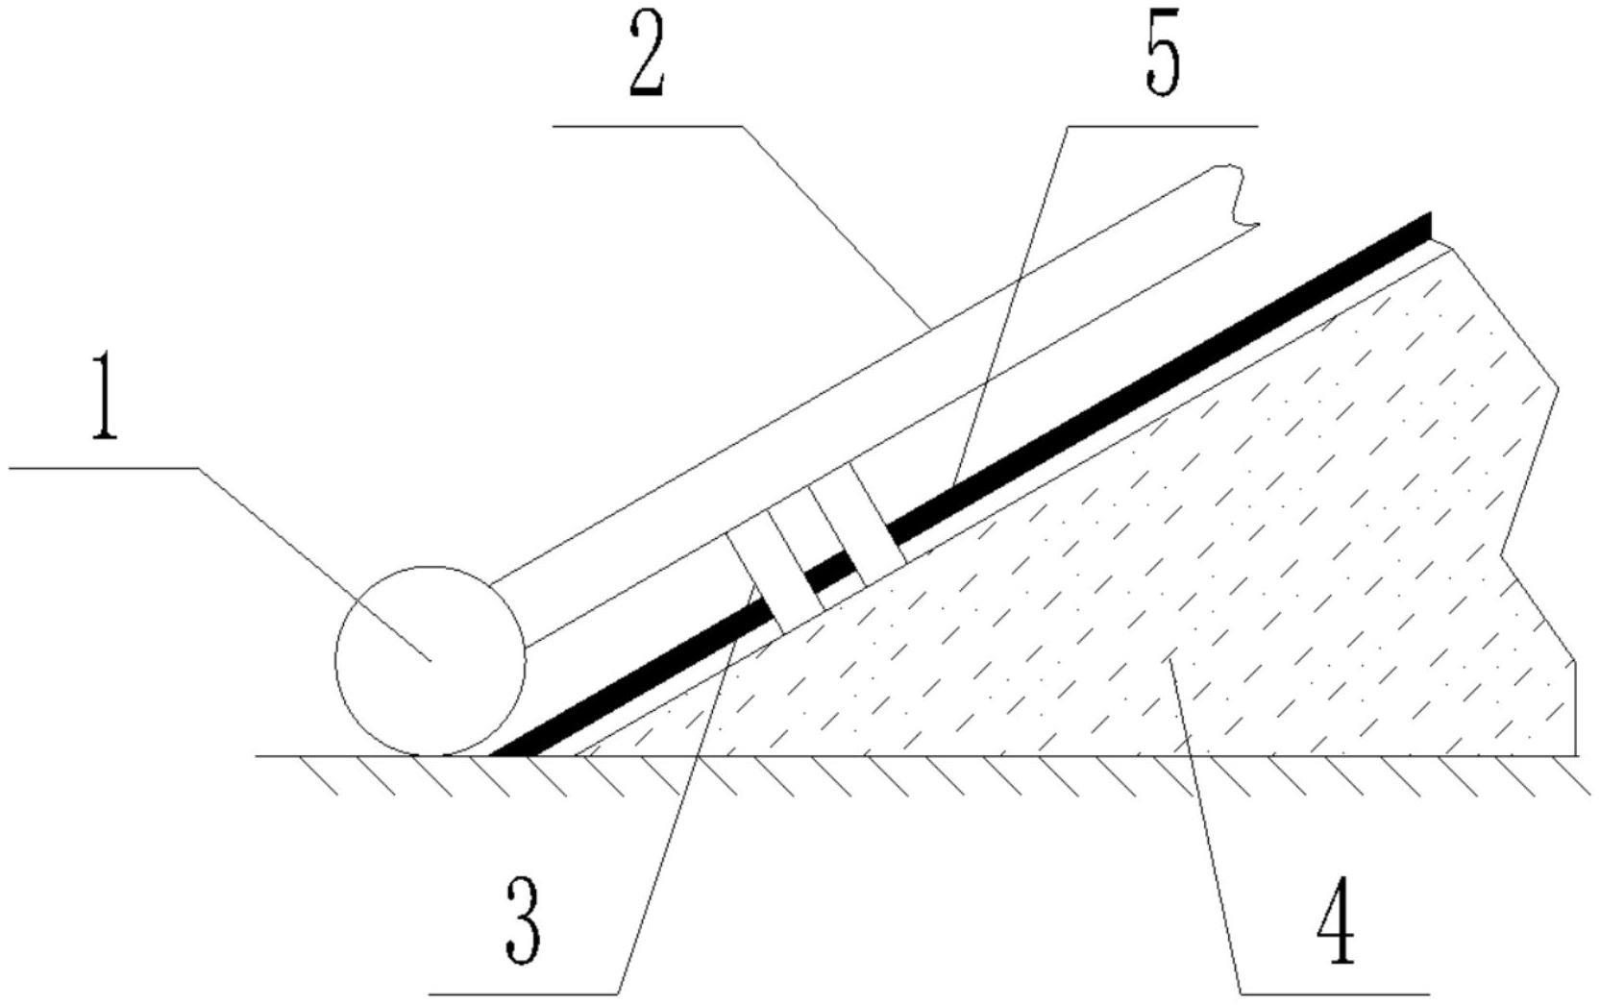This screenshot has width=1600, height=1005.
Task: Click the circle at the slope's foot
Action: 430,661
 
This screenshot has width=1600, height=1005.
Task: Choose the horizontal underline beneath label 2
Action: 648,125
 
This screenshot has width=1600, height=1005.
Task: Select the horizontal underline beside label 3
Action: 524,991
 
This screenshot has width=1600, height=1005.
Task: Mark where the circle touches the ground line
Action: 430,756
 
